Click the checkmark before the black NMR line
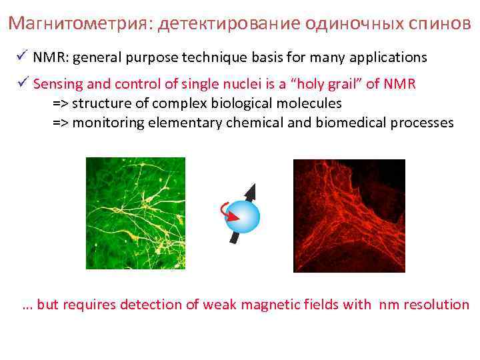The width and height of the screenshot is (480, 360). coord(23,56)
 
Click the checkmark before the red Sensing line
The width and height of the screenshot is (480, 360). coord(23,83)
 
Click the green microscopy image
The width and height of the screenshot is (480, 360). coord(135,213)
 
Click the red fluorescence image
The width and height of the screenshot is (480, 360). coord(349,215)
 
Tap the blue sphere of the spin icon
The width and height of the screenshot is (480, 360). coord(242,217)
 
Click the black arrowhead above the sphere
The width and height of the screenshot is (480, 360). coord(251,191)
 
